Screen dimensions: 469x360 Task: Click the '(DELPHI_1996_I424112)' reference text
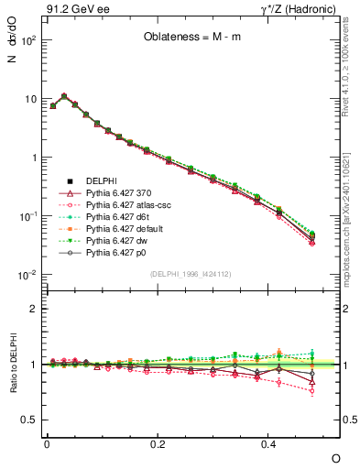[191, 272]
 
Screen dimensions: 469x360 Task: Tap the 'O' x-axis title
[336, 457]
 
